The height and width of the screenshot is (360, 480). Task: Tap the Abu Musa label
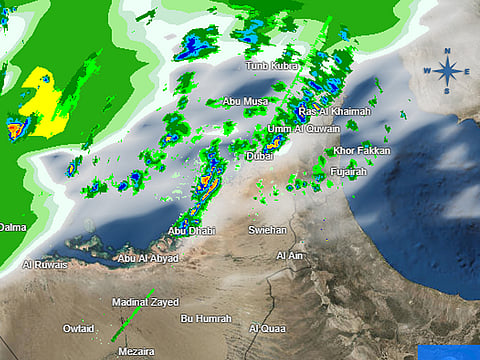(x=245, y=101)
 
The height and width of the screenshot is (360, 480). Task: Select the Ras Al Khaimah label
(x=334, y=111)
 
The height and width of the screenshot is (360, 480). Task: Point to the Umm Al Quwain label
(x=304, y=128)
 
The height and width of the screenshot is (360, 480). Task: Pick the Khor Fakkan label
(x=362, y=151)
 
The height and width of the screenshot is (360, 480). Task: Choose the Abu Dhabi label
(x=191, y=231)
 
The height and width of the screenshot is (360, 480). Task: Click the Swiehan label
(x=267, y=230)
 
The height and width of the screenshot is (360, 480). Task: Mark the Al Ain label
(x=289, y=256)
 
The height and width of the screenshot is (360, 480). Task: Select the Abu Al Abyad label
(x=148, y=258)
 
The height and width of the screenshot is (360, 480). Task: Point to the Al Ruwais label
(x=45, y=265)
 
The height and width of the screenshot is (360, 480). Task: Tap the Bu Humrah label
(x=205, y=319)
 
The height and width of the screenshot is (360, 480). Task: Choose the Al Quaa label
(x=267, y=328)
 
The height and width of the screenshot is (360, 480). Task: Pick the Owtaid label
(x=79, y=328)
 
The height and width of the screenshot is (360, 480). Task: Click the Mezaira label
(x=135, y=352)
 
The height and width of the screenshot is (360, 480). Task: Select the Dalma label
(x=11, y=228)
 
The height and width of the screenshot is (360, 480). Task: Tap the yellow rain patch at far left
(x=43, y=96)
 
